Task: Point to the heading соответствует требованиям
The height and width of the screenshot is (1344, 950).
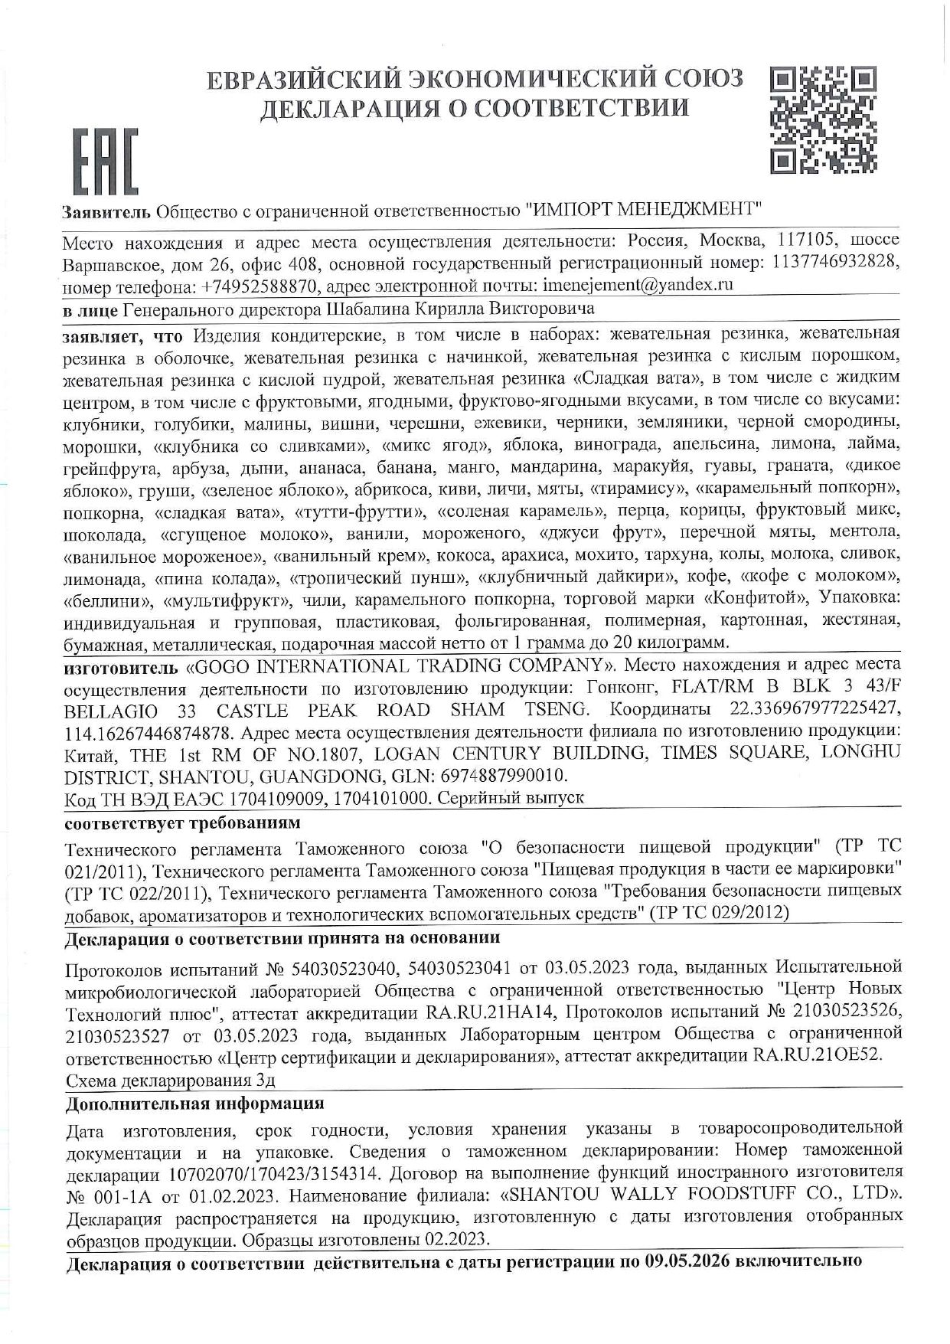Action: [x=182, y=822]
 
